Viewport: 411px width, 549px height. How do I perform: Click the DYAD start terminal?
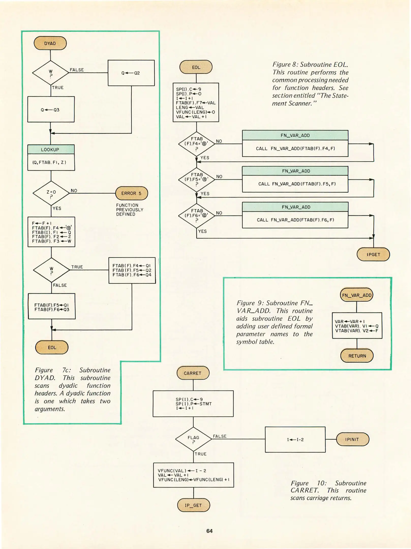coord(50,43)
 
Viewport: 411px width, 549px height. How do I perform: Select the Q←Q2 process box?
coord(131,73)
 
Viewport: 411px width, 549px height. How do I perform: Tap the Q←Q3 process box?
coord(51,110)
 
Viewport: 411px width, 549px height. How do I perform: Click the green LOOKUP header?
coord(51,149)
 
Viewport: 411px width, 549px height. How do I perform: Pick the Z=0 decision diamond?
coord(51,193)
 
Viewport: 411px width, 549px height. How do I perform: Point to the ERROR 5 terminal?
coord(131,193)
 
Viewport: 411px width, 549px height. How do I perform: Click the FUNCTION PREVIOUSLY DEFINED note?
coord(130,210)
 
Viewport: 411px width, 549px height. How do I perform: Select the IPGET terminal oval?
coord(373,254)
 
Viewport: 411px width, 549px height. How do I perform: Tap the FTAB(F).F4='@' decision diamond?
coord(196,144)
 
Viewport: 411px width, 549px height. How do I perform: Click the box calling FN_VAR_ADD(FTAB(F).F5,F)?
coord(295,184)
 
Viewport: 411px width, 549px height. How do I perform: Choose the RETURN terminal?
coord(357,356)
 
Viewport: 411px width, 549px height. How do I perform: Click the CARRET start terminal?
coord(193,373)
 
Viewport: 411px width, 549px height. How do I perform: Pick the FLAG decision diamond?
coord(193,439)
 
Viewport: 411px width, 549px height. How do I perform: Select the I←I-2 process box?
coord(295,439)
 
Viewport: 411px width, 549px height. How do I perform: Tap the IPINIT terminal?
coord(352,439)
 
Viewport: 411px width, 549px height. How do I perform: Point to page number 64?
coord(209,531)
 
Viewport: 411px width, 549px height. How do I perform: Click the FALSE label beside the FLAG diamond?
coord(220,436)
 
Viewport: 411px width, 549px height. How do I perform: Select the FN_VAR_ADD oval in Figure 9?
coord(357,295)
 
